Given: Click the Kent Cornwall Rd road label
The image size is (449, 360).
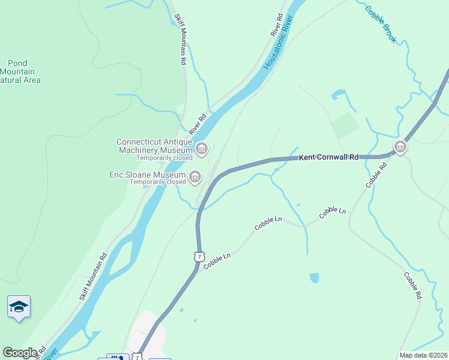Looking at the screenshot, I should [x=328, y=157].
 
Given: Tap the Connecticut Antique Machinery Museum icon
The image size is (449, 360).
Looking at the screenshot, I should [x=202, y=148].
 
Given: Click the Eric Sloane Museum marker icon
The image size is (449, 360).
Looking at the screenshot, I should [x=195, y=176].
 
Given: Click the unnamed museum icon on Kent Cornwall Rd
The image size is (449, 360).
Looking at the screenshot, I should [x=400, y=146].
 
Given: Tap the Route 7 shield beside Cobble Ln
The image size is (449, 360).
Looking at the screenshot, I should [x=198, y=256].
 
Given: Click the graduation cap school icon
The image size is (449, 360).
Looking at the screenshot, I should [x=19, y=307].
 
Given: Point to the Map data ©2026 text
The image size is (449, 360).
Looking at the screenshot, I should [x=423, y=355].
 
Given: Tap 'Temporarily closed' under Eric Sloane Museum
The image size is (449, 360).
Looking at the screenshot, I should [x=158, y=182].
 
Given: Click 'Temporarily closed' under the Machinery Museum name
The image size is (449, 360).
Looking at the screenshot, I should [x=164, y=158].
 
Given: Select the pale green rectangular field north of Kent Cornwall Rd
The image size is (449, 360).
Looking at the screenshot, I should [x=345, y=125].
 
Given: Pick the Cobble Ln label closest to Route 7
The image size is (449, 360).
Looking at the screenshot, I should [x=217, y=260].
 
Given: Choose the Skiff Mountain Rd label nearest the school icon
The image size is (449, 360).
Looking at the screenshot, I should [x=93, y=276].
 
